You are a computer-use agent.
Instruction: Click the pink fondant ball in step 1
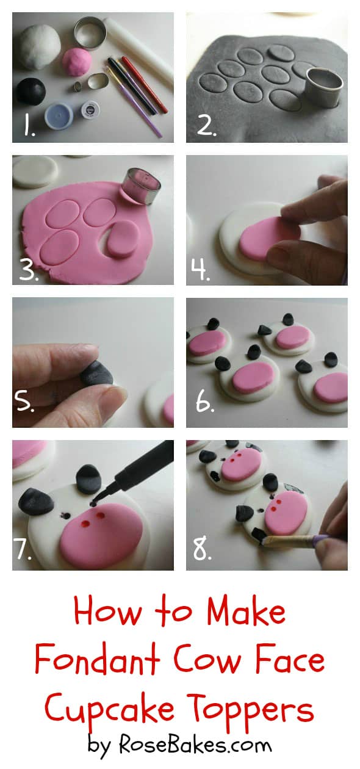(77, 61)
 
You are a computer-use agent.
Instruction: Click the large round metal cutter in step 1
(90, 34)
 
